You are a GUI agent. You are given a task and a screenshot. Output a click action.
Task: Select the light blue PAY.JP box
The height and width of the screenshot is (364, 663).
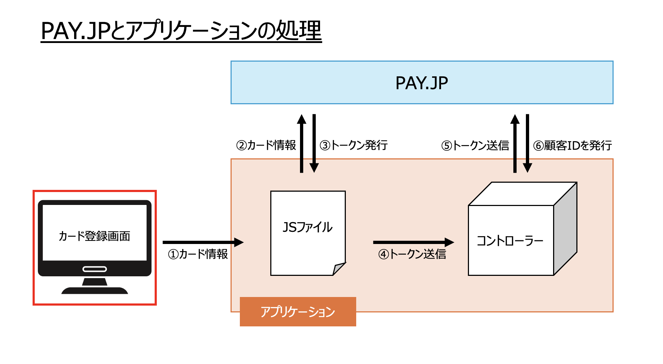[x=422, y=83]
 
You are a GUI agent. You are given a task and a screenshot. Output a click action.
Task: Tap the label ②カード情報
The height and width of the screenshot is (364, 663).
[x=266, y=145]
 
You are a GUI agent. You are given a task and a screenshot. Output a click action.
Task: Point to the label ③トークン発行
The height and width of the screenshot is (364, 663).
[x=354, y=145]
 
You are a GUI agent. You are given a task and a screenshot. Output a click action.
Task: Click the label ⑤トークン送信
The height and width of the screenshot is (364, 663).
[x=475, y=145]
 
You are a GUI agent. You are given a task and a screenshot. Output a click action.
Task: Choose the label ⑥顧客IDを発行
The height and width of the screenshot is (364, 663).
[x=572, y=145]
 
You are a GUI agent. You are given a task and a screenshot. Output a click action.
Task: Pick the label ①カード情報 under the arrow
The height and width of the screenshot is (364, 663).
[x=198, y=254]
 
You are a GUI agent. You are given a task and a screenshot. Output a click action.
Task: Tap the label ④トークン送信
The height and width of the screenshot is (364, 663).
[x=412, y=254]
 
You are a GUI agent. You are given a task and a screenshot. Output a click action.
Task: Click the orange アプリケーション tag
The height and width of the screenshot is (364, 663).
[x=298, y=312]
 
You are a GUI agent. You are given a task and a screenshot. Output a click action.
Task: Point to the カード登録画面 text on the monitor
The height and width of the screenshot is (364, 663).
[x=95, y=236]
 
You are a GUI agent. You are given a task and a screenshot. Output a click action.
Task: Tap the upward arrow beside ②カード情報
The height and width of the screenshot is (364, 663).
[x=302, y=143]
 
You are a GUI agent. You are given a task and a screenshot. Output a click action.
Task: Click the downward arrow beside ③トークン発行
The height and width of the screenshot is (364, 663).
[x=314, y=143]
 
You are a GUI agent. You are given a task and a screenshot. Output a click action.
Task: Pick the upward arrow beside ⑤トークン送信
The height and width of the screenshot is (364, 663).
[x=515, y=143]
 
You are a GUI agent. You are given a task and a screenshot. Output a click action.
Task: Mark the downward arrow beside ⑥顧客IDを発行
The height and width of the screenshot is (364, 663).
[x=527, y=143]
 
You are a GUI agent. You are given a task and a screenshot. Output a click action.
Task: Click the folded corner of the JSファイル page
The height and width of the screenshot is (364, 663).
[x=338, y=269]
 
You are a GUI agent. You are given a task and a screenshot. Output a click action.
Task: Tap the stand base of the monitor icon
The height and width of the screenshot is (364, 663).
[x=95, y=290]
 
